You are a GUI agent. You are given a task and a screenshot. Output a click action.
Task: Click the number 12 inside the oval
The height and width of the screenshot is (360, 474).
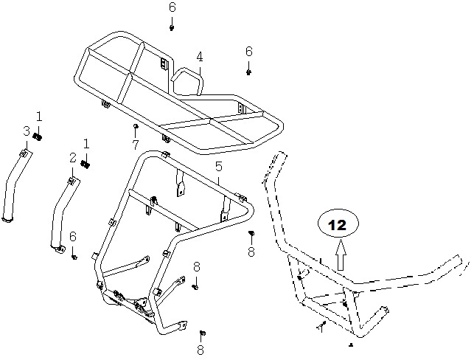[x=337, y=225]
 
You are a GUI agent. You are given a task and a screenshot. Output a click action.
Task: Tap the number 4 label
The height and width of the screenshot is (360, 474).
[x=200, y=57]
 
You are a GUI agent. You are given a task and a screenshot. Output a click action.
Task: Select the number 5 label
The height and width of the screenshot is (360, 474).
[x=218, y=166]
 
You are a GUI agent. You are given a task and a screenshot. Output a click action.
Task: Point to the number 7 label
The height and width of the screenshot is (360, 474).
[x=135, y=145]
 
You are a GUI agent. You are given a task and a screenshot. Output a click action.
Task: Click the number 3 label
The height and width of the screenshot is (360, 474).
[x=27, y=131]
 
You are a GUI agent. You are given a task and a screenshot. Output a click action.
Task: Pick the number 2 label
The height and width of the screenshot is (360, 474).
[x=73, y=158]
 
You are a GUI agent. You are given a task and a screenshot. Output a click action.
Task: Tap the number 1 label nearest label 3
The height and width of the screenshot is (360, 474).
[x=39, y=117]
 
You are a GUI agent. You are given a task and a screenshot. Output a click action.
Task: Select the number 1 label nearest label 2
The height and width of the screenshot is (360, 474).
[x=86, y=144]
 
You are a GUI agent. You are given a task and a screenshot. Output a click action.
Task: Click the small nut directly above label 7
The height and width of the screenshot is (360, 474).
[x=136, y=126]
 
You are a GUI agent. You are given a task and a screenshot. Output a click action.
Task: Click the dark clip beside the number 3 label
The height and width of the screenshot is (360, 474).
[x=38, y=136]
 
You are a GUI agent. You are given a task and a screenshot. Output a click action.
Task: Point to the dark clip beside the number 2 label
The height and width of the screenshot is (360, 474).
[x=86, y=165]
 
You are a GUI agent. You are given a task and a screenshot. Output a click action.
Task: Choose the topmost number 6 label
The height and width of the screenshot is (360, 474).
[x=172, y=7]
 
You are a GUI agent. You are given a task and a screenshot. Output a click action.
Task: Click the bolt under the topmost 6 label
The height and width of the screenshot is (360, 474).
[x=172, y=28]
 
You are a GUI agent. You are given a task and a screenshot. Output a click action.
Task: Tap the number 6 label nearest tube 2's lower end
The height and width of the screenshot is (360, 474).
[x=73, y=237]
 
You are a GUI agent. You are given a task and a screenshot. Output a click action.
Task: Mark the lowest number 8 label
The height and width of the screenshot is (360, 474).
[x=201, y=350]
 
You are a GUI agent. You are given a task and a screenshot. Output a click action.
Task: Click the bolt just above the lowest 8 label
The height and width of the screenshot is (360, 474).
[x=203, y=333]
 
